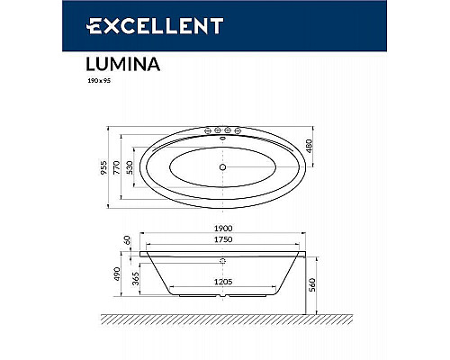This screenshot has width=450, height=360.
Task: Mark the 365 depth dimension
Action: point(134,280)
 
